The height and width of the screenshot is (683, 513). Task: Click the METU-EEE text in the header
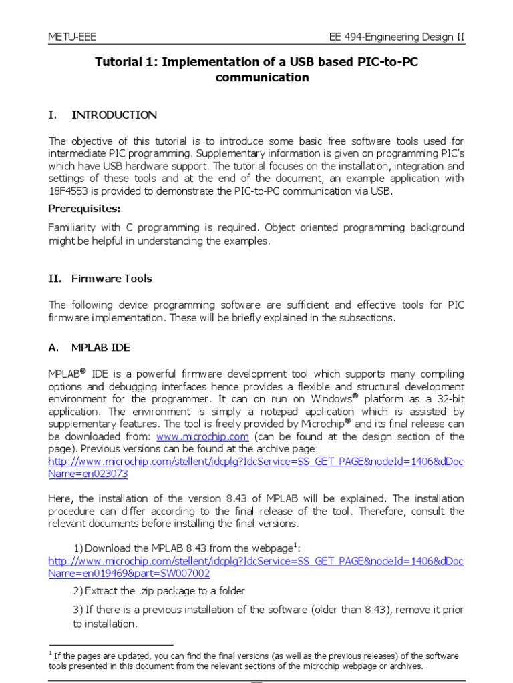coord(71,37)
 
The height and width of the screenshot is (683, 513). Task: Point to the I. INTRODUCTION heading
coord(103,115)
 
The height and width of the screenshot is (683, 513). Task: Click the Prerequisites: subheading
coord(84,209)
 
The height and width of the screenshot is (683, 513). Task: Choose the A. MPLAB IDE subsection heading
coord(91,348)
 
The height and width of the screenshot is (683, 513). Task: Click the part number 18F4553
coord(69,191)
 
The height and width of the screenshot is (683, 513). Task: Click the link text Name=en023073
coord(88,474)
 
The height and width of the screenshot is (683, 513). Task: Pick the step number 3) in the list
coord(77,610)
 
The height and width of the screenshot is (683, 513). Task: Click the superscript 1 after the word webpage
coord(295,545)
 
